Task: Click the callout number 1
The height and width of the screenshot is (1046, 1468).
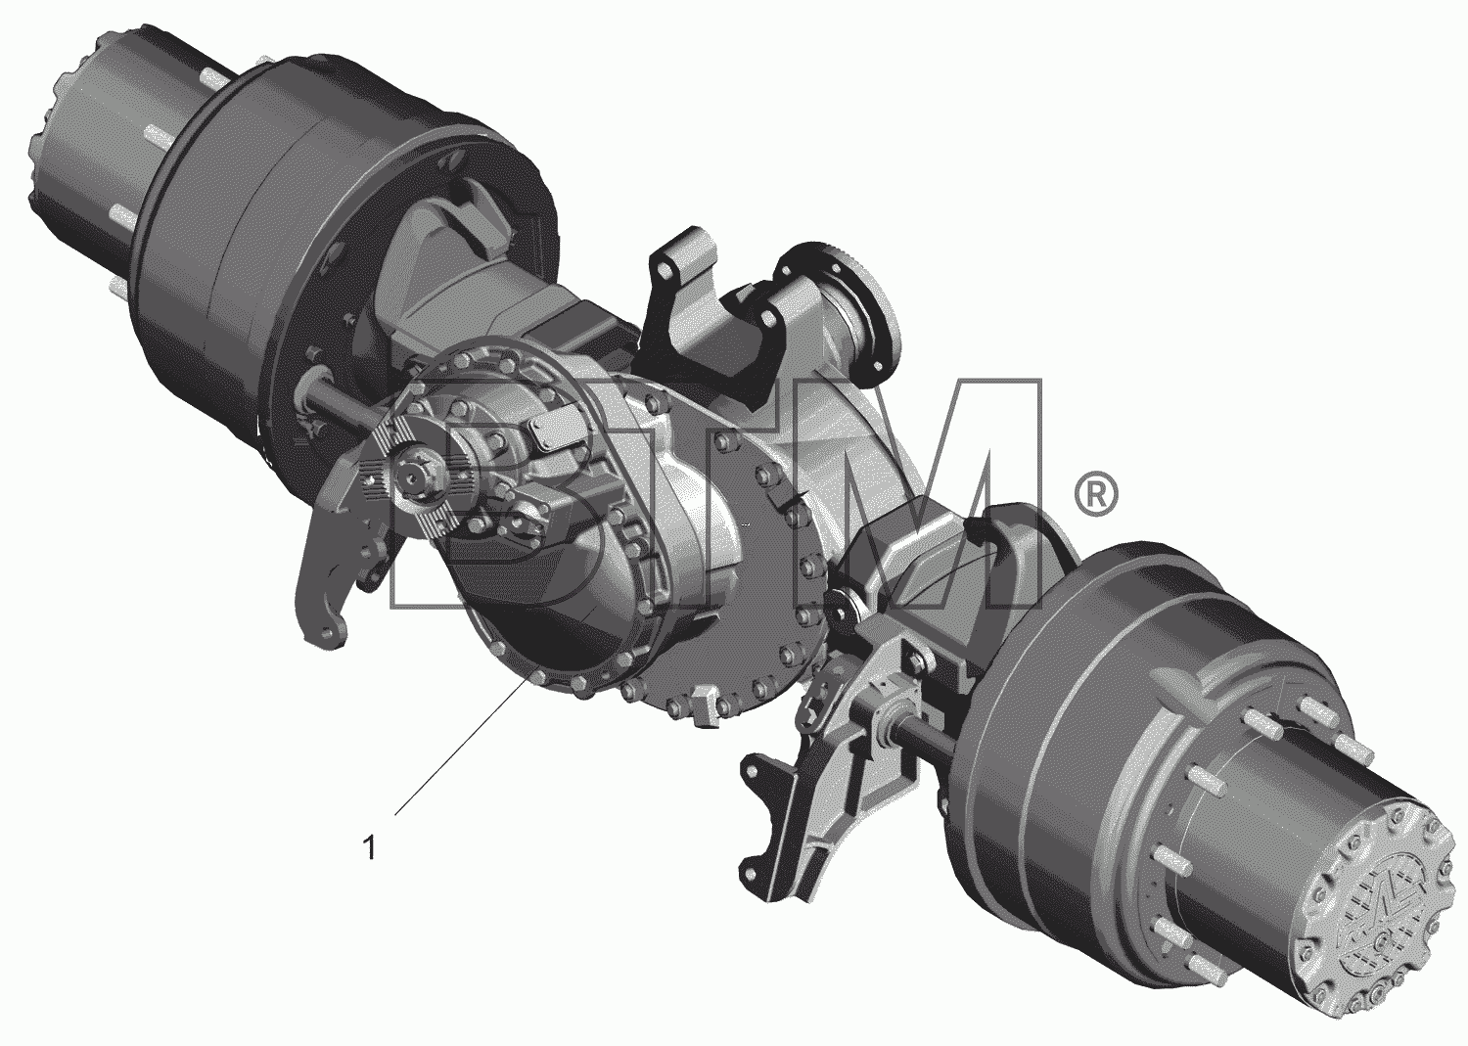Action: (370, 847)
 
